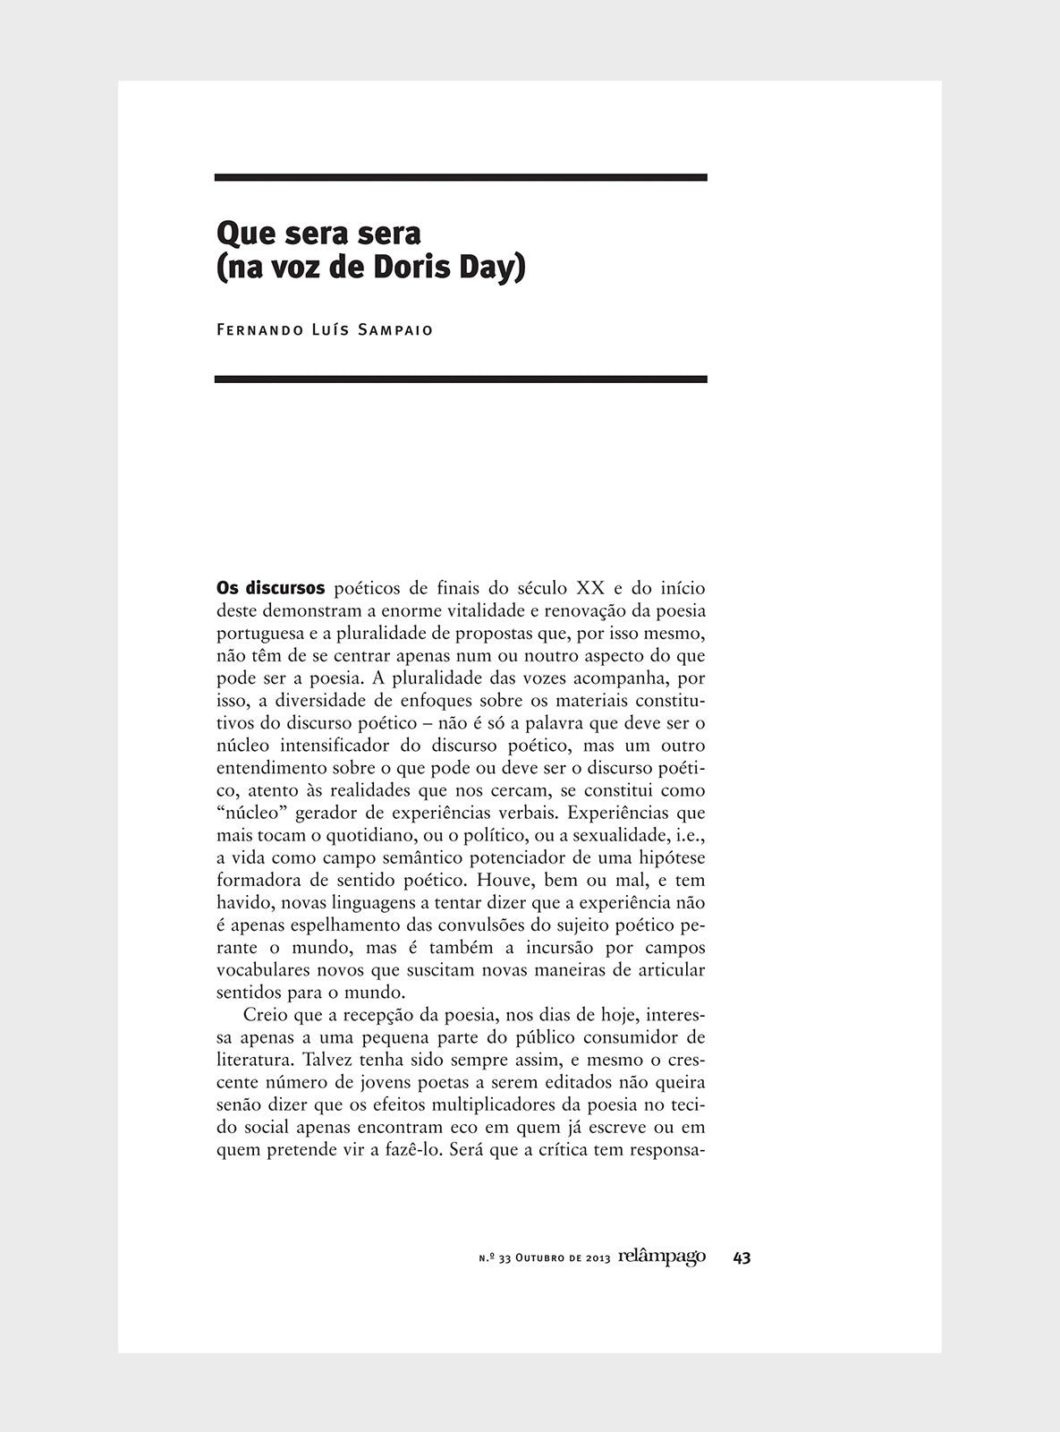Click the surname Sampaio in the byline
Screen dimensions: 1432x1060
pos(395,329)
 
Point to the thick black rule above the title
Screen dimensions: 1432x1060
pos(461,177)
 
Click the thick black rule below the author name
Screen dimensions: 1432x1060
pos(461,379)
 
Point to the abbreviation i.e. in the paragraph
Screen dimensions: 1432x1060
pos(689,836)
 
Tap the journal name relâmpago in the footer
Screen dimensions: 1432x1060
pos(661,1257)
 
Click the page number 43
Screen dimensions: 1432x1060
pos(741,1257)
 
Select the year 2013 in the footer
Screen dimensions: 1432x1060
pos(598,1258)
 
